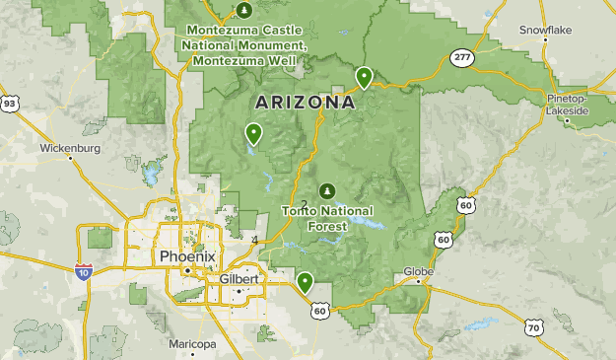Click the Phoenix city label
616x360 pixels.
tap(182, 256)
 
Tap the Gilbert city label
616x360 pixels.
tap(240, 279)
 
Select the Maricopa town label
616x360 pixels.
tap(192, 344)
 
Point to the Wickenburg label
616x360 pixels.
tap(70, 149)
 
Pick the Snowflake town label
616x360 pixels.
tap(573, 30)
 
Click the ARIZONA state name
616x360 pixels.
tap(305, 102)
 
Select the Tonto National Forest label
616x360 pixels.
tap(326, 218)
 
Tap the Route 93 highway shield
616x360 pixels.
tap(9, 103)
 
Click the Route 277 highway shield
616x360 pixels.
tap(461, 58)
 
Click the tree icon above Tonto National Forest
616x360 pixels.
tap(326, 190)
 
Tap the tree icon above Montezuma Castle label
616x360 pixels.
tap(244, 11)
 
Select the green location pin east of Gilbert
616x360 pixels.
tap(306, 282)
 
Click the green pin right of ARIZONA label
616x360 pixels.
tap(365, 76)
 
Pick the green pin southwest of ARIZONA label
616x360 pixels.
tap(254, 132)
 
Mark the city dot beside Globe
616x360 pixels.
tap(419, 281)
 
